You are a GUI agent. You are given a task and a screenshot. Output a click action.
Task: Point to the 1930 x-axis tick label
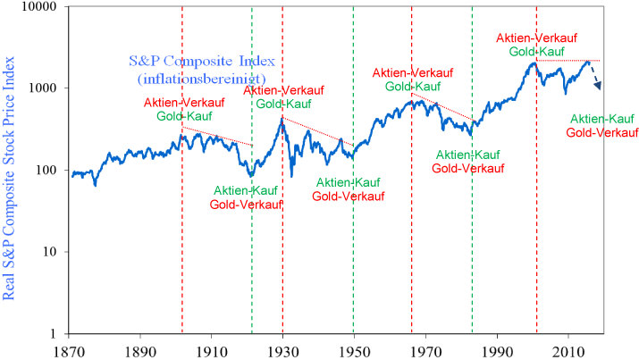pyautogui.click(x=282, y=351)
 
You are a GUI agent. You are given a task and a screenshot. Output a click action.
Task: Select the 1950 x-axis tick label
pyautogui.click(x=354, y=351)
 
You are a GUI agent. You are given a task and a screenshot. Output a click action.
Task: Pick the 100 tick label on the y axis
pyautogui.click(x=46, y=171)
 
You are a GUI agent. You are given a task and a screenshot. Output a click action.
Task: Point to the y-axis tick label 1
pyautogui.click(x=53, y=334)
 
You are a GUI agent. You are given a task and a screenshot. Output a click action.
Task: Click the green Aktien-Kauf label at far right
pyautogui.click(x=603, y=119)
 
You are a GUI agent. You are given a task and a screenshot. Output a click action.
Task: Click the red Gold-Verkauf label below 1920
pyautogui.click(x=246, y=204)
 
